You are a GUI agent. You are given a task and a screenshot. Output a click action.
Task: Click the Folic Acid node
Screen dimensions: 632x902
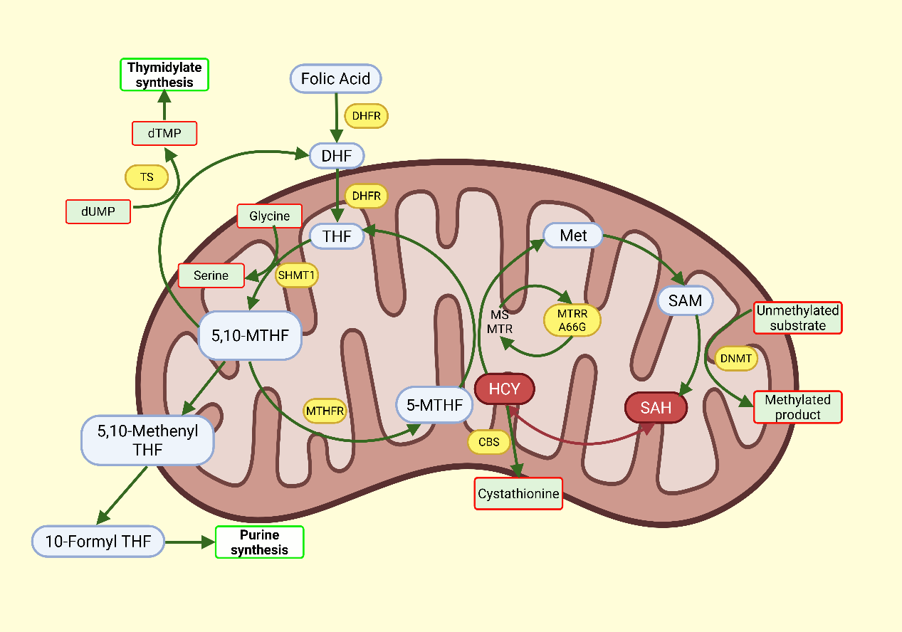pos(335,78)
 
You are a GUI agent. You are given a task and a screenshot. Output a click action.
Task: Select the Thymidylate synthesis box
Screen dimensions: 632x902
pos(164,75)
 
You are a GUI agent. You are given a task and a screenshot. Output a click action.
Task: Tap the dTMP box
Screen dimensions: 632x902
pos(164,133)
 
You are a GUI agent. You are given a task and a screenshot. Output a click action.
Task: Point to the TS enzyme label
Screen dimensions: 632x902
pos(147,177)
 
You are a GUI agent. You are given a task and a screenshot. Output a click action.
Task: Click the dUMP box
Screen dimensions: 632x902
pos(98,211)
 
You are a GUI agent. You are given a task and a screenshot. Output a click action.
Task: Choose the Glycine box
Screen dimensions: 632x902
pos(269,216)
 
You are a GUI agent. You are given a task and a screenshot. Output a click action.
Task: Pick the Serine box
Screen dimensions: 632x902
pos(211,275)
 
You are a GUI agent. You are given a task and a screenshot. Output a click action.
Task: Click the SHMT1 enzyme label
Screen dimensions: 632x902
pos(296,275)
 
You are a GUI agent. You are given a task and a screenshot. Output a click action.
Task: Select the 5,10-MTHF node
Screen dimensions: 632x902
pos(251,335)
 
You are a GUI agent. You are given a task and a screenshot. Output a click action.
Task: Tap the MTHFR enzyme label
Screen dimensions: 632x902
pos(325,411)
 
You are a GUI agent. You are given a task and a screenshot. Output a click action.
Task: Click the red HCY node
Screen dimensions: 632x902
pos(504,389)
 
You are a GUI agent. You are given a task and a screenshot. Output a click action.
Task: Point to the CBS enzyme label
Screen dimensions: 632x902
pos(488,442)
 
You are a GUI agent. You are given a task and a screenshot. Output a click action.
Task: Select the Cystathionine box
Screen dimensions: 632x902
pos(518,493)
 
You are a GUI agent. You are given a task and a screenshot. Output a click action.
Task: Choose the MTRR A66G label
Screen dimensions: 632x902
pos(572,321)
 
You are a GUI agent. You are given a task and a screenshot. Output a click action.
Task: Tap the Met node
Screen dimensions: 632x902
pos(573,235)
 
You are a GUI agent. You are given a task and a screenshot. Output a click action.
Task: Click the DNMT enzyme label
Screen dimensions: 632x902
pos(736,359)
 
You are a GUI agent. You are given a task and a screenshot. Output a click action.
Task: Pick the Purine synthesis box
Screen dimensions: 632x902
pos(259,542)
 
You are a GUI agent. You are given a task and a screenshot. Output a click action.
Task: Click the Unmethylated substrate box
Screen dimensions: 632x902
pos(797,318)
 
